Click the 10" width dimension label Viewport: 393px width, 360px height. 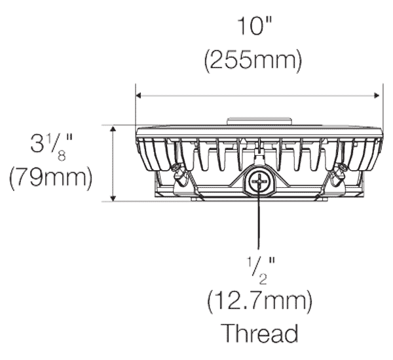[x=255, y=26]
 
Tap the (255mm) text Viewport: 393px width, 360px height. [x=253, y=60]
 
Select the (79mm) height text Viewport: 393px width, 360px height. [x=51, y=179]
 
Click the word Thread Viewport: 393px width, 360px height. [x=260, y=333]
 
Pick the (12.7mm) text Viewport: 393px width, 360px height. [x=260, y=301]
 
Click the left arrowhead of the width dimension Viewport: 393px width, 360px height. [x=138, y=96]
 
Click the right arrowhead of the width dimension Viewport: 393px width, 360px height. [x=377, y=96]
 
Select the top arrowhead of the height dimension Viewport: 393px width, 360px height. [x=113, y=129]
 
